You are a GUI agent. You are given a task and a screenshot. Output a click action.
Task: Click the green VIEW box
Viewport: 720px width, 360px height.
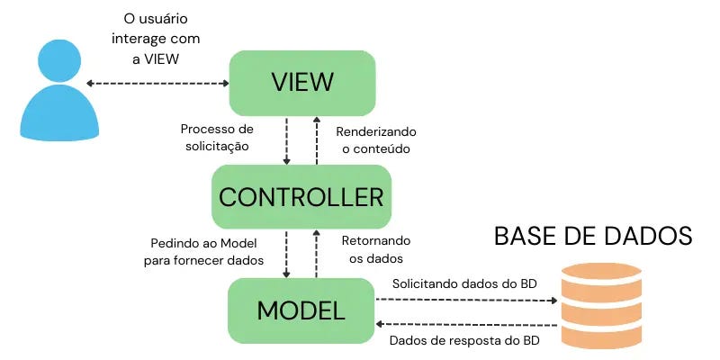(x=301, y=83)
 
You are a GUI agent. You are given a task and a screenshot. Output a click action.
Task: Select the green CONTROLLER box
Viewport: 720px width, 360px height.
(x=301, y=195)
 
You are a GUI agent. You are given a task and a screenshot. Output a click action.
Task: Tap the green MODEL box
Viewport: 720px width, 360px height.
(x=301, y=310)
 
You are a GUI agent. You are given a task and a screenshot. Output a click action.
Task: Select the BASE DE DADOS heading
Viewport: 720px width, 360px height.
(x=593, y=237)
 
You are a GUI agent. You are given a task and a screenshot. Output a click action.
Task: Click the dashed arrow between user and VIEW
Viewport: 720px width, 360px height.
(x=158, y=84)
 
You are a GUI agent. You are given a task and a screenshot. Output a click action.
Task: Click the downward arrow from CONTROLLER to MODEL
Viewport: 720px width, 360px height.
(x=287, y=253)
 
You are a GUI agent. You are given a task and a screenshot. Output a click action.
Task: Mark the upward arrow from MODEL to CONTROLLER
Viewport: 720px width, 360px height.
(x=316, y=253)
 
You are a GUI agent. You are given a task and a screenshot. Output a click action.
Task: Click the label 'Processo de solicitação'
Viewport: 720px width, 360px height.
(x=217, y=137)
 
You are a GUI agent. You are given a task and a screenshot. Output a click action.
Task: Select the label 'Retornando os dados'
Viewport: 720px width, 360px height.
(x=376, y=249)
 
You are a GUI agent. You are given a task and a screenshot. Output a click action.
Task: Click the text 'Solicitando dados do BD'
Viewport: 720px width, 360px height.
(x=464, y=283)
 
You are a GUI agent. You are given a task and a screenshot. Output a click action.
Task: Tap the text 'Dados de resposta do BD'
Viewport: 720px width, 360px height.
(x=464, y=341)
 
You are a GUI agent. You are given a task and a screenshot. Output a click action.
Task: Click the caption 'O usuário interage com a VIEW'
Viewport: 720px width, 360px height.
(x=158, y=39)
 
